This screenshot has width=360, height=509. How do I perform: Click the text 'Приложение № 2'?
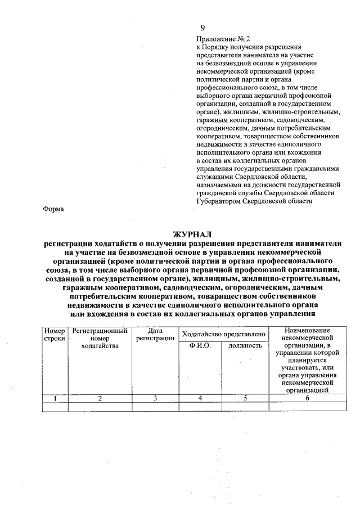click(x=219, y=39)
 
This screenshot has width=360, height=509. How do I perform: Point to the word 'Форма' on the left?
click(x=53, y=209)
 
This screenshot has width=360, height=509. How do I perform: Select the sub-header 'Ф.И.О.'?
click(x=200, y=345)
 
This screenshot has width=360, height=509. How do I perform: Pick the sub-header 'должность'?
click(x=246, y=345)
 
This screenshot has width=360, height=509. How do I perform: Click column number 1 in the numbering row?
click(x=55, y=398)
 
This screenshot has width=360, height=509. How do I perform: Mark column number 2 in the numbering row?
click(x=100, y=398)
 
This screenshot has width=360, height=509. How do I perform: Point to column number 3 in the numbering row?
click(x=155, y=398)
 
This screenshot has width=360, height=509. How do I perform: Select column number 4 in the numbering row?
click(x=200, y=398)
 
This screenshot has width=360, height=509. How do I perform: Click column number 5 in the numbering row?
click(x=246, y=398)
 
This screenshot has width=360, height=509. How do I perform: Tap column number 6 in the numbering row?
click(x=307, y=398)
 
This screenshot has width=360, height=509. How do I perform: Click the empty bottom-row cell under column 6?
click(x=307, y=407)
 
